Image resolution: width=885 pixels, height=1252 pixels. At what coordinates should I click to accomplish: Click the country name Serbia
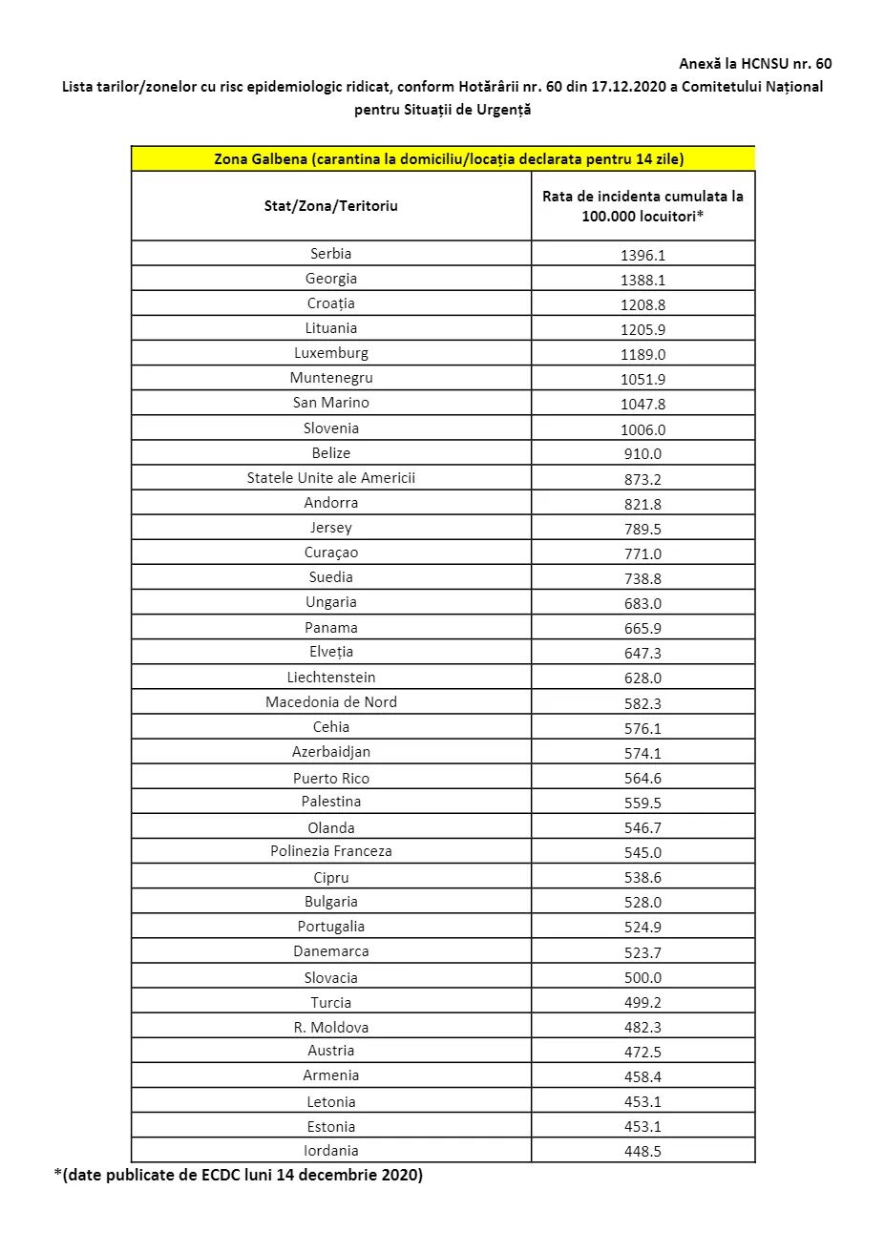(330, 254)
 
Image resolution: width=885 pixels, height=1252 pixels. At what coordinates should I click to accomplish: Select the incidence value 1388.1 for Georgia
(643, 281)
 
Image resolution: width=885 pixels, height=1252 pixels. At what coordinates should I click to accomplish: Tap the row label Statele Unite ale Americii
(330, 478)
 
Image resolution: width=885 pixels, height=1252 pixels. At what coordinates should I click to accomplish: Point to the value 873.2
(643, 479)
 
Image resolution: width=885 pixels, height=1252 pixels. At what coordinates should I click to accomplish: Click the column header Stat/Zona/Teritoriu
(330, 206)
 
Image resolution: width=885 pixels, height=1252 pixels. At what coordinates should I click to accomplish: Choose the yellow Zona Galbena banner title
(449, 159)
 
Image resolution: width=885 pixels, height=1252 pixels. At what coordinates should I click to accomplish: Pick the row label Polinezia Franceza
(330, 851)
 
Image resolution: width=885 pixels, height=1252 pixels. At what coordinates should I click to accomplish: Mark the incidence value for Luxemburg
(643, 355)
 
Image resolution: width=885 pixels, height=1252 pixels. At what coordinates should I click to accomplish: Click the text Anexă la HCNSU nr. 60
(754, 64)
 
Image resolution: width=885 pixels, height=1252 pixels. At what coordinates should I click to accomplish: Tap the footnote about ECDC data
(238, 1175)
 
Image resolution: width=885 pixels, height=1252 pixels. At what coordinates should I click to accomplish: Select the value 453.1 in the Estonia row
(643, 1127)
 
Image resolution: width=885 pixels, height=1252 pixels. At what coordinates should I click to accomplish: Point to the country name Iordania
(330, 1151)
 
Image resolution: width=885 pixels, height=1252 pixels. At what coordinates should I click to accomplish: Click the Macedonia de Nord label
(330, 702)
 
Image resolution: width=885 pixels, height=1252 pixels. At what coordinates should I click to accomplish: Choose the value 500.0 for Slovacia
(643, 978)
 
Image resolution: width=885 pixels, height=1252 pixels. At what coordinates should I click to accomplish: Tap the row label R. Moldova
(330, 1028)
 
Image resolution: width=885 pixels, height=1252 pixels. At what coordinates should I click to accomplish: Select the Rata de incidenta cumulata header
(643, 206)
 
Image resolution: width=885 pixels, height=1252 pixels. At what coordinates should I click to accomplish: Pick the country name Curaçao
(330, 553)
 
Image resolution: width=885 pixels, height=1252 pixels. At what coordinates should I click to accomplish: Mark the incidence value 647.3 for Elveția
(643, 654)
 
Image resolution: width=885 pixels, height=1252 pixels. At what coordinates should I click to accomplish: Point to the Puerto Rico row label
(330, 779)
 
